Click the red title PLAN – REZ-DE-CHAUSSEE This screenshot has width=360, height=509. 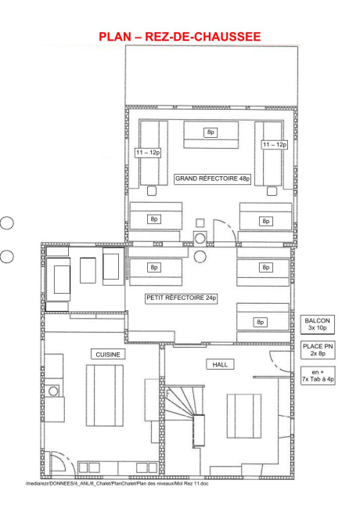[180, 36]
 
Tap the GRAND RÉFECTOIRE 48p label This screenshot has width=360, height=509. [212, 179]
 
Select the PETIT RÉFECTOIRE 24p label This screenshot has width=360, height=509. [182, 298]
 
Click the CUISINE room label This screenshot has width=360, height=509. [108, 355]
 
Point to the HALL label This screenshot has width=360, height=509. [220, 365]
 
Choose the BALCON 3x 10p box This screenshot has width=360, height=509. [318, 324]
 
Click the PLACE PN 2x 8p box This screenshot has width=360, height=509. [318, 349]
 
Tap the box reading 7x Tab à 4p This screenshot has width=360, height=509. [318, 376]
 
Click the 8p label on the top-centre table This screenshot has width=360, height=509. [211, 132]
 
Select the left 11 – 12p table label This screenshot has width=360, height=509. [148, 153]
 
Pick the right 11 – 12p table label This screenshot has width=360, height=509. [275, 144]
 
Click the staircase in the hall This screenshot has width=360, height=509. [185, 409]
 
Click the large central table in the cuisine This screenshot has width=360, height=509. [105, 395]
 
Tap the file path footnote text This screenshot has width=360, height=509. [117, 484]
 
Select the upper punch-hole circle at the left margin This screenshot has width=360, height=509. [6, 223]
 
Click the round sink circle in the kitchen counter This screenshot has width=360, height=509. [53, 391]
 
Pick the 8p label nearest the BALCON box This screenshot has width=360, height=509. [260, 322]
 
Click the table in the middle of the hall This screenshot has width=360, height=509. [244, 416]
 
